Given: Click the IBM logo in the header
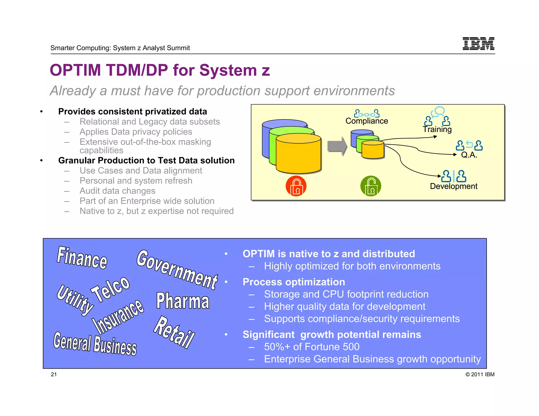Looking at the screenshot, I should pos(478,43).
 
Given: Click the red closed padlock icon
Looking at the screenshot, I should pos(296,186).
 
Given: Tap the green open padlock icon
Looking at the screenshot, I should pos(371,186).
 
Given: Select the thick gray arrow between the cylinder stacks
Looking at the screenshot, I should pos(337,146).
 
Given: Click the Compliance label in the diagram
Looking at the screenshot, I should pos(367,121).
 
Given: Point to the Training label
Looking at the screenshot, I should pos(437,129).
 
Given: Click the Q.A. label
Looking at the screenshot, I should pos(469,155).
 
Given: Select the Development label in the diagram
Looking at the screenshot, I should pos(453,186).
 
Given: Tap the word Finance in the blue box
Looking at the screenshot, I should pos(82,258).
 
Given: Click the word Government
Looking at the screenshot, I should pos(177,270).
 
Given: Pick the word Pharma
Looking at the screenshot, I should pos(183,301).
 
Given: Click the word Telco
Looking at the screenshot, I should pos(111,289).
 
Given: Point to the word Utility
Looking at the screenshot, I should pos(75,300).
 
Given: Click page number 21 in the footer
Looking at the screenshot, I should pos(54,374).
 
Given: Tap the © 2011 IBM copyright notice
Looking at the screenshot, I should pos(480,374).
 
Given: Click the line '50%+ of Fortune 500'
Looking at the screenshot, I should pos(312,347).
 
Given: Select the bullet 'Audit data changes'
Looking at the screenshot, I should pos(117,191).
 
